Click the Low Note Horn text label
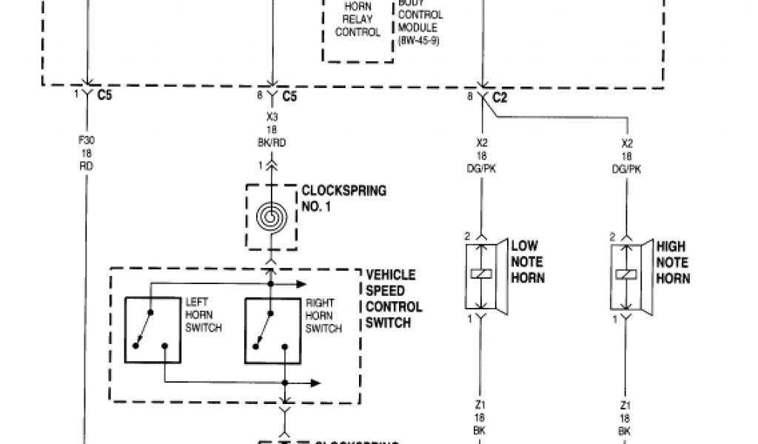tap(527, 262)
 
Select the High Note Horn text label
tap(672, 262)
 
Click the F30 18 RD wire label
tap(87, 152)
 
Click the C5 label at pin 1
tap(104, 95)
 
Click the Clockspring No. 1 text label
tap(345, 199)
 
